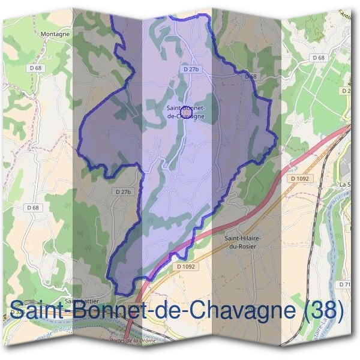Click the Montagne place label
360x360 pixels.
pyautogui.click(x=55, y=34)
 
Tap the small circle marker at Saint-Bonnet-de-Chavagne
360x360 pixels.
pyautogui.click(x=186, y=112)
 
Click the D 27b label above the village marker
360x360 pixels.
pyautogui.click(x=191, y=70)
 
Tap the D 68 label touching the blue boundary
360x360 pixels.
pyautogui.click(x=251, y=77)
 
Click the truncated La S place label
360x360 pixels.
pyautogui.click(x=344, y=184)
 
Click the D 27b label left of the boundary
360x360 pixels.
pyautogui.click(x=122, y=191)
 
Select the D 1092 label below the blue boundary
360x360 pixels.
pyautogui.click(x=187, y=266)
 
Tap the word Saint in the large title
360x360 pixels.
pyautogui.click(x=39, y=310)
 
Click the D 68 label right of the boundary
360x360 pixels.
pyautogui.click(x=319, y=58)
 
